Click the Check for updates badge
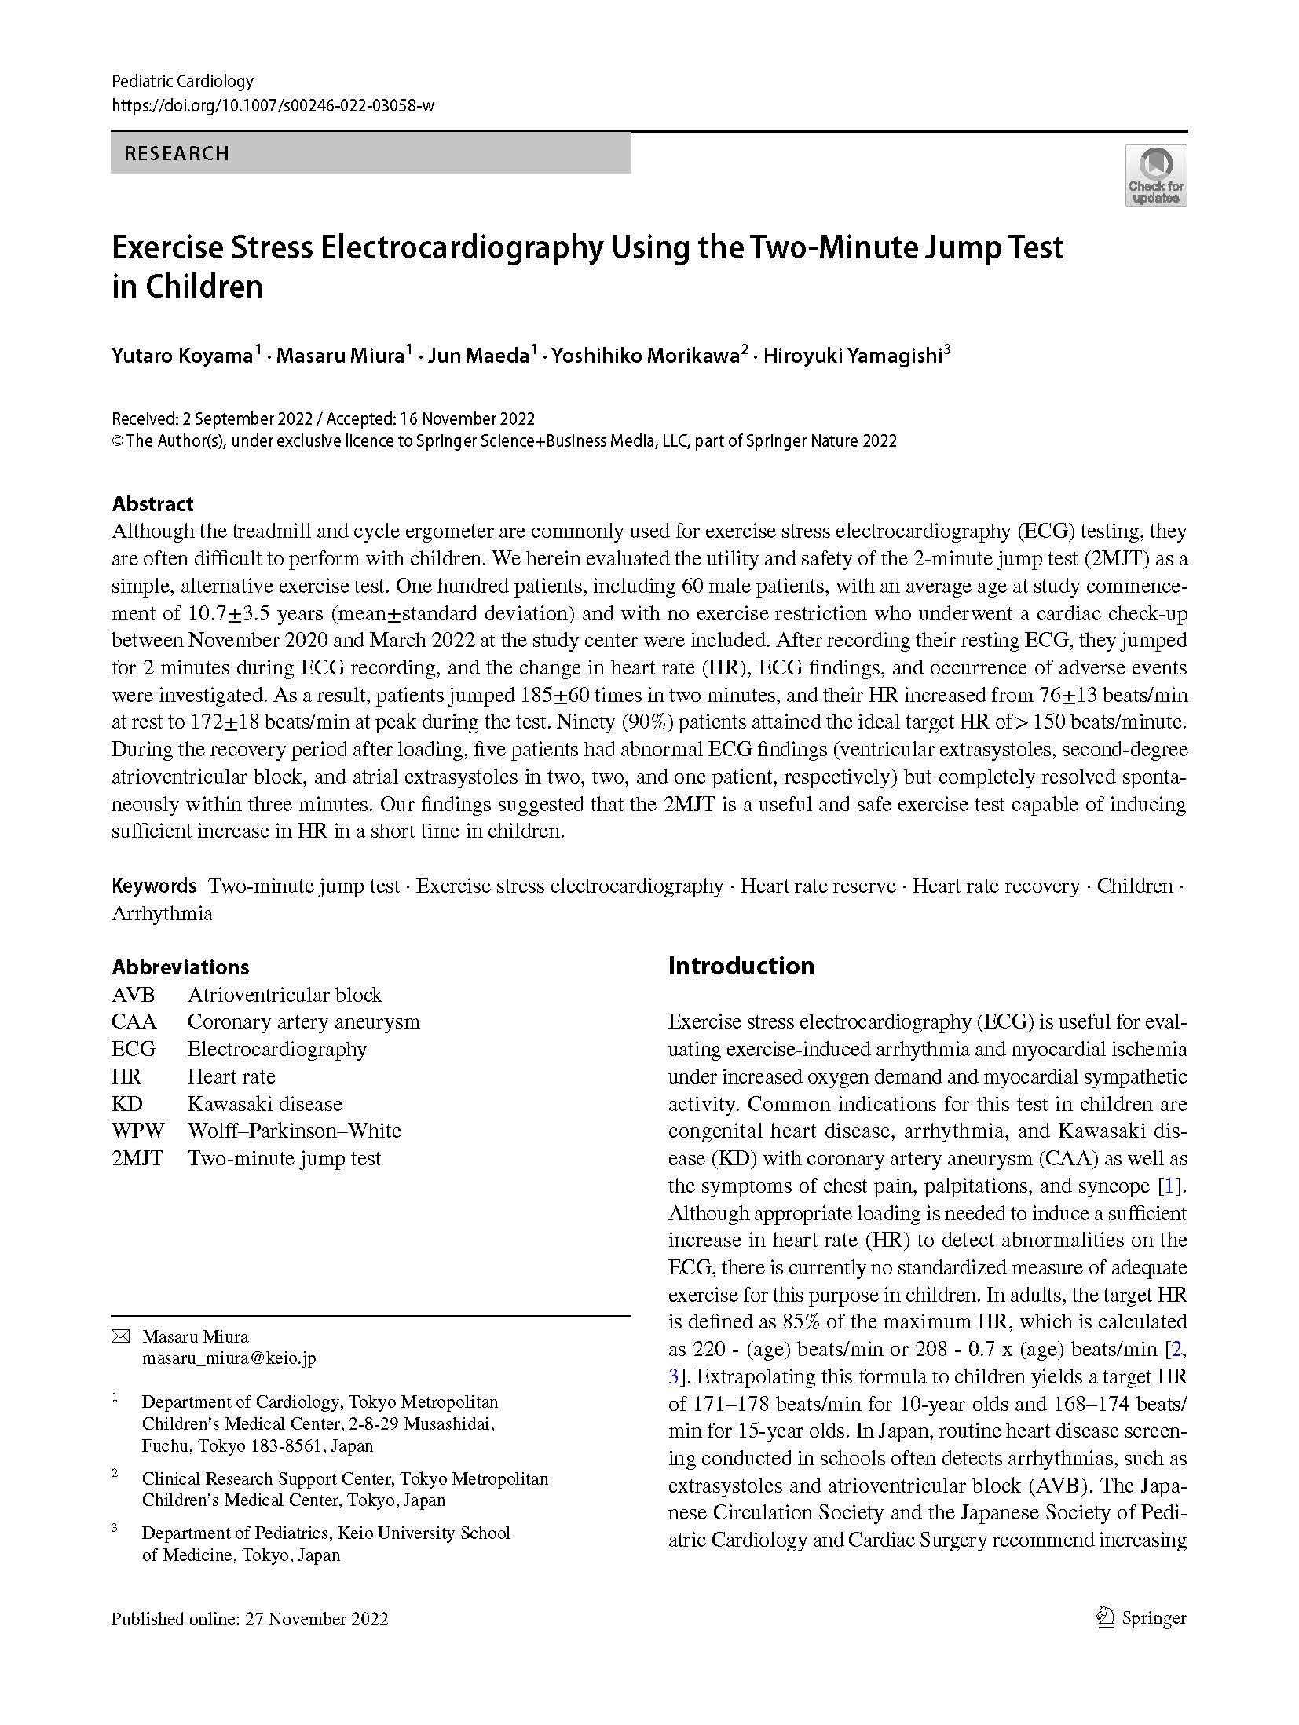pyautogui.click(x=1154, y=176)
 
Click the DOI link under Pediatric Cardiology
pyautogui.click(x=273, y=105)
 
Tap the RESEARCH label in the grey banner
pyautogui.click(x=177, y=153)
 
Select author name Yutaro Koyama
pyautogui.click(x=181, y=356)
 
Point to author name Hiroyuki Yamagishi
pyautogui.click(x=852, y=356)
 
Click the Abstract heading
pyautogui.click(x=152, y=503)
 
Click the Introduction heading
pyautogui.click(x=741, y=966)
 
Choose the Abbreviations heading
pyautogui.click(x=180, y=967)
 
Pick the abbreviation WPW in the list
pyautogui.click(x=137, y=1131)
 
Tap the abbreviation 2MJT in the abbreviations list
pyautogui.click(x=137, y=1158)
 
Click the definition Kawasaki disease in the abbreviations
pyautogui.click(x=265, y=1104)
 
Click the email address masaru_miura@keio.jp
pyautogui.click(x=229, y=1358)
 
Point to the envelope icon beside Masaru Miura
pyautogui.click(x=120, y=1336)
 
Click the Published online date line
pyautogui.click(x=250, y=1619)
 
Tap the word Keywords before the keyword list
pyautogui.click(x=154, y=886)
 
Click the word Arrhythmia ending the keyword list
pyautogui.click(x=162, y=913)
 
